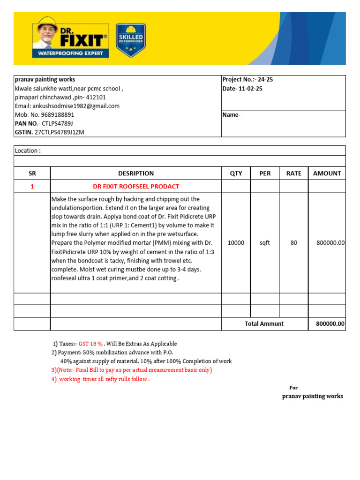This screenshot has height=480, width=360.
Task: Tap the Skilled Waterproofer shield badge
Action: (130, 40)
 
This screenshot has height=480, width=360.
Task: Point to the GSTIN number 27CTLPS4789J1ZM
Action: (60, 132)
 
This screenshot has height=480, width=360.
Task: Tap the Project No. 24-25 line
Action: (247, 80)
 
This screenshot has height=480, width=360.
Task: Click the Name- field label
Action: (232, 115)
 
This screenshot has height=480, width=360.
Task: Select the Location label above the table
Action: (28, 150)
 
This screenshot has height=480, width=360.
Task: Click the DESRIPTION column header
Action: (135, 173)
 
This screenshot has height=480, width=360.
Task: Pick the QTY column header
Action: (236, 173)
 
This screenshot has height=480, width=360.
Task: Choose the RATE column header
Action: (294, 173)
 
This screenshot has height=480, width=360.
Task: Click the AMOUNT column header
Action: (327, 173)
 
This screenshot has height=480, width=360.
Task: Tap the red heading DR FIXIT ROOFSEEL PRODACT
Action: (136, 187)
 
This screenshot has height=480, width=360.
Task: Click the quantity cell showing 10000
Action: (236, 243)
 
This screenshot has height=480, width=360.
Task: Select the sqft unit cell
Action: (265, 243)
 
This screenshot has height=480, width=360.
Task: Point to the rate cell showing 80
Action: (294, 243)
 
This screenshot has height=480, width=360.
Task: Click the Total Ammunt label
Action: (264, 324)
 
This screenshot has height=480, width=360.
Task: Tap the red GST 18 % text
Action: (90, 344)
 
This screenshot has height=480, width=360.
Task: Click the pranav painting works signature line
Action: (312, 396)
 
